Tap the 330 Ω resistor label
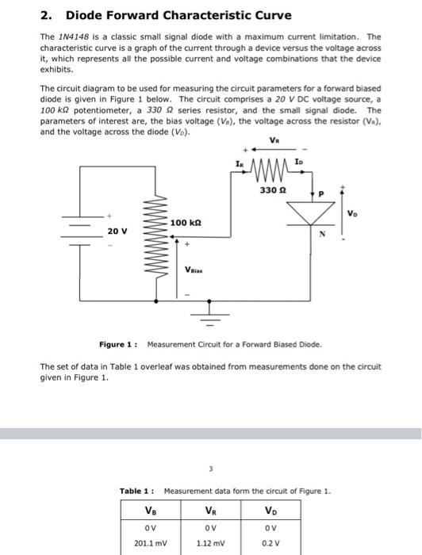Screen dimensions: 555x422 click(275, 189)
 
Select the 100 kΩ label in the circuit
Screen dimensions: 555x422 click(184, 224)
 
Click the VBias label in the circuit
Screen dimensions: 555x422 click(196, 268)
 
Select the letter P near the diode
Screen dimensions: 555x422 click(322, 193)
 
